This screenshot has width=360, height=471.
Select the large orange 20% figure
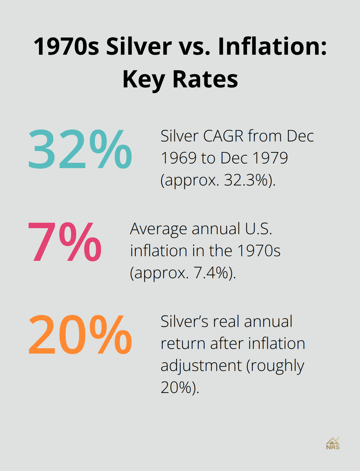[80, 335]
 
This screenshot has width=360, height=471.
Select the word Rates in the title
[205, 79]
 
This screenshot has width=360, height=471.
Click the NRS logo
[333, 444]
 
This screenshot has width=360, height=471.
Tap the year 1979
[270, 158]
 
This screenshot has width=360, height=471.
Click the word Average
[158, 229]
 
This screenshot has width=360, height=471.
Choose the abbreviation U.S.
[258, 229]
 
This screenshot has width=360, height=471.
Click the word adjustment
[201, 366]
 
